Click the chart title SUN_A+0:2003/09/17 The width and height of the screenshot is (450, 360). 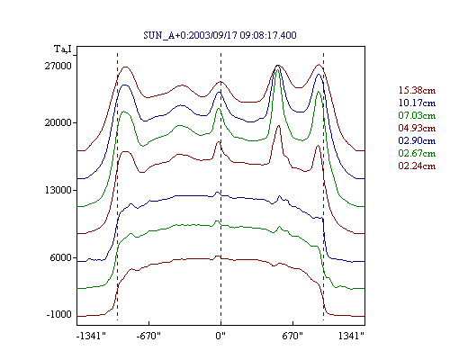pyautogui.click(x=190, y=35)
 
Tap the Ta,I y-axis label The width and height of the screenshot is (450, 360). pyautogui.click(x=63, y=49)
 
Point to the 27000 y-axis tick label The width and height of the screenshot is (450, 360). pyautogui.click(x=58, y=66)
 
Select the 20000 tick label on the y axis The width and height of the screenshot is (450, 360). pyautogui.click(x=58, y=122)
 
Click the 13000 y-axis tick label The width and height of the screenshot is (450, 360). pyautogui.click(x=58, y=190)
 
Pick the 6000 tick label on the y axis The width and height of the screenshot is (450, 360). pyautogui.click(x=61, y=257)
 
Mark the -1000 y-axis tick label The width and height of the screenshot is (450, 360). pyautogui.click(x=59, y=314)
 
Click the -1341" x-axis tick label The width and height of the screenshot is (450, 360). pyautogui.click(x=91, y=336)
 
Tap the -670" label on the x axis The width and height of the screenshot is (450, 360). pyautogui.click(x=148, y=336)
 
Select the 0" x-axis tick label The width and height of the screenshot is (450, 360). pyautogui.click(x=220, y=336)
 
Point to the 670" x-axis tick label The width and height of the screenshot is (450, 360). pyautogui.click(x=292, y=336)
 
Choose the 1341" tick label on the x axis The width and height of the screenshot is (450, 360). pyautogui.click(x=351, y=336)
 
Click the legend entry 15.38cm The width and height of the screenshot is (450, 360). pyautogui.click(x=417, y=90)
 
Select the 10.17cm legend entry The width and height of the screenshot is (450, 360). pyautogui.click(x=417, y=103)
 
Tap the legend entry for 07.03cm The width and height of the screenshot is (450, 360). pyautogui.click(x=417, y=115)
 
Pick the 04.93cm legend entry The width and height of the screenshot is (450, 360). pyautogui.click(x=417, y=128)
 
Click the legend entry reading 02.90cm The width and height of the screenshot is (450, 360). pyautogui.click(x=417, y=140)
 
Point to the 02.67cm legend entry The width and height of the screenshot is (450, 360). pyautogui.click(x=417, y=153)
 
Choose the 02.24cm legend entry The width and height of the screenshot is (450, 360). pyautogui.click(x=417, y=166)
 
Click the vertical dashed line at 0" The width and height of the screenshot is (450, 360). pyautogui.click(x=221, y=187)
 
